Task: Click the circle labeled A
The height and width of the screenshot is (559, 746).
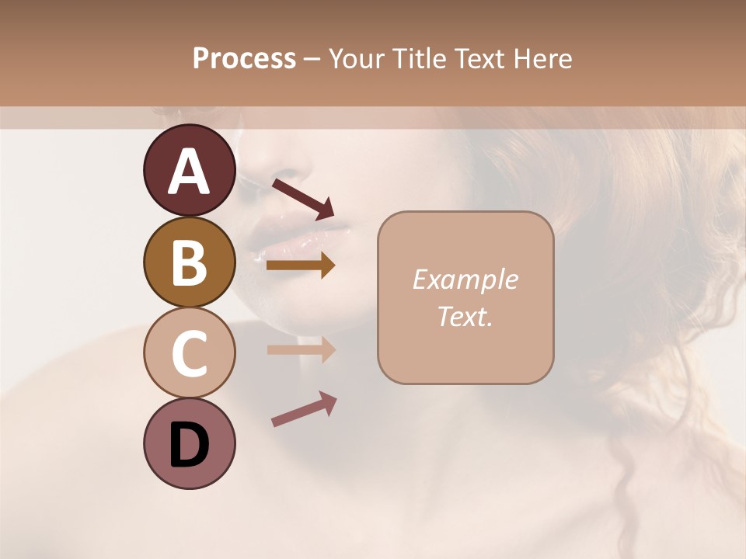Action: pyautogui.click(x=189, y=170)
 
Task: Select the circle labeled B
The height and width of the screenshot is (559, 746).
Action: pyautogui.click(x=189, y=262)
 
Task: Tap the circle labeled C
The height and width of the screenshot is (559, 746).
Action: pyautogui.click(x=189, y=352)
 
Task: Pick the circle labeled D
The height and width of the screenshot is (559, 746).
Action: pyautogui.click(x=189, y=443)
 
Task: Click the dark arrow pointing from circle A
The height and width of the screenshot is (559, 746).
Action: pyautogui.click(x=303, y=198)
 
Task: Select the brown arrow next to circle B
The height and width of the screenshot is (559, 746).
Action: pyautogui.click(x=301, y=266)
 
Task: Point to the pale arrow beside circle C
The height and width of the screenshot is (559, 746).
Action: pyautogui.click(x=301, y=349)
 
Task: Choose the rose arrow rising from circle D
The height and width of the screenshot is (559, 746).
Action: pyautogui.click(x=304, y=409)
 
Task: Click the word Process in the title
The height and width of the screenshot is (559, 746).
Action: pyautogui.click(x=244, y=58)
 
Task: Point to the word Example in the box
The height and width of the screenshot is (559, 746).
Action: pyautogui.click(x=465, y=279)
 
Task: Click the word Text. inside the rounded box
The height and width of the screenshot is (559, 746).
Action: pyautogui.click(x=465, y=316)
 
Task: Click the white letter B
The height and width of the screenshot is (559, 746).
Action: pyautogui.click(x=189, y=262)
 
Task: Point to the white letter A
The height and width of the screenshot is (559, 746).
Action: pyautogui.click(x=189, y=171)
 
